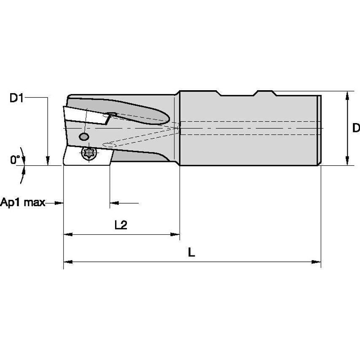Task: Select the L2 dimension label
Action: coord(121,226)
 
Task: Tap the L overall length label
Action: coord(191,253)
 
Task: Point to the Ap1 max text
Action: coord(22,203)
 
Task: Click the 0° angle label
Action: coord(15,160)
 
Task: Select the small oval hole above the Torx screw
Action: coord(84,137)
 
